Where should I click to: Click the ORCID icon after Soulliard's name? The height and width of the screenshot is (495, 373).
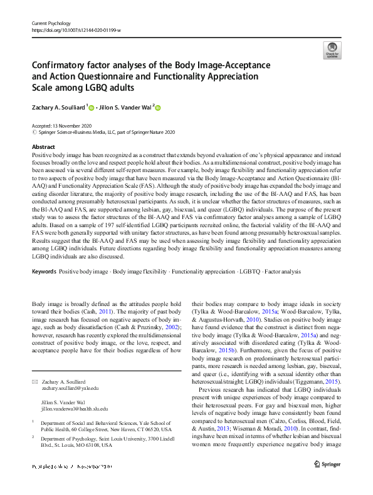92,108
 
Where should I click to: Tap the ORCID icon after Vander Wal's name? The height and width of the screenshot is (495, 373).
157,108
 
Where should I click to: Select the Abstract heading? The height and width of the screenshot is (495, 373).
43,145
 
